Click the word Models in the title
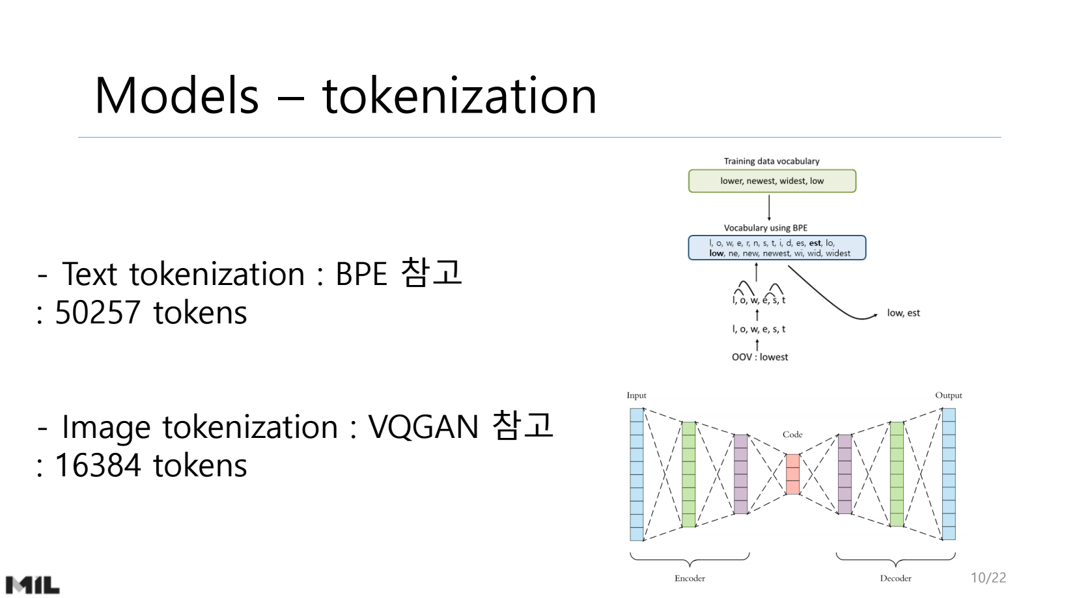pos(176,96)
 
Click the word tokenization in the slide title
pos(459,96)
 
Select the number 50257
pos(98,313)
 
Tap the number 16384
pos(98,466)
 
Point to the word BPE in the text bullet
pos(361,274)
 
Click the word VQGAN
pos(423,428)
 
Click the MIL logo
pos(33,584)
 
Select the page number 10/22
pos(988,578)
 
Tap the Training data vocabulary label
pos(772,161)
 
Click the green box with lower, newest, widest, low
pos(772,181)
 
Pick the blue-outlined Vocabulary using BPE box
pos(777,248)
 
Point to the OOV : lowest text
pos(760,357)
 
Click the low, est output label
pos(903,313)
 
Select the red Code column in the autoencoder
pos(792,474)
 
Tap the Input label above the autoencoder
pos(636,396)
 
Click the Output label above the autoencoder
pos(948,396)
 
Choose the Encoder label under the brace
pos(690,578)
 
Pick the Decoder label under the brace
pos(895,578)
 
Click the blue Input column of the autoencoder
pos(636,474)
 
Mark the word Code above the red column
pos(792,435)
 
